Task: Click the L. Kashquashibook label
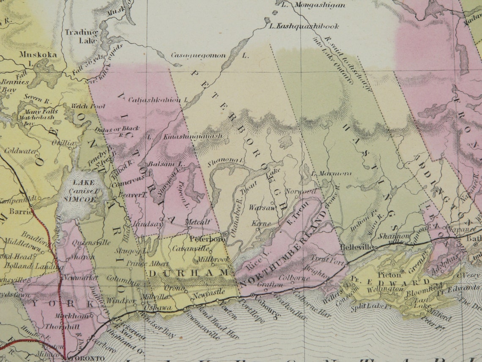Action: click(304, 26)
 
